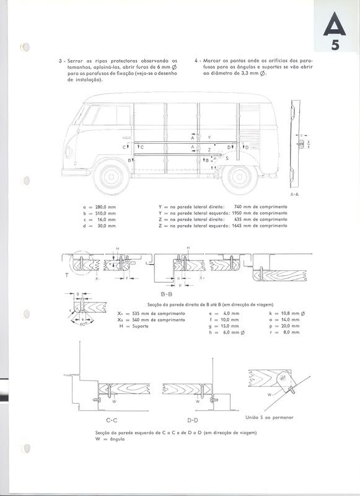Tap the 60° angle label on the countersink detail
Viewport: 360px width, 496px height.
pos(82,323)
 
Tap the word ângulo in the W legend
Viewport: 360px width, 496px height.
pos(117,439)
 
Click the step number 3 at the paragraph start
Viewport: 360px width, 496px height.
pos(60,61)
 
